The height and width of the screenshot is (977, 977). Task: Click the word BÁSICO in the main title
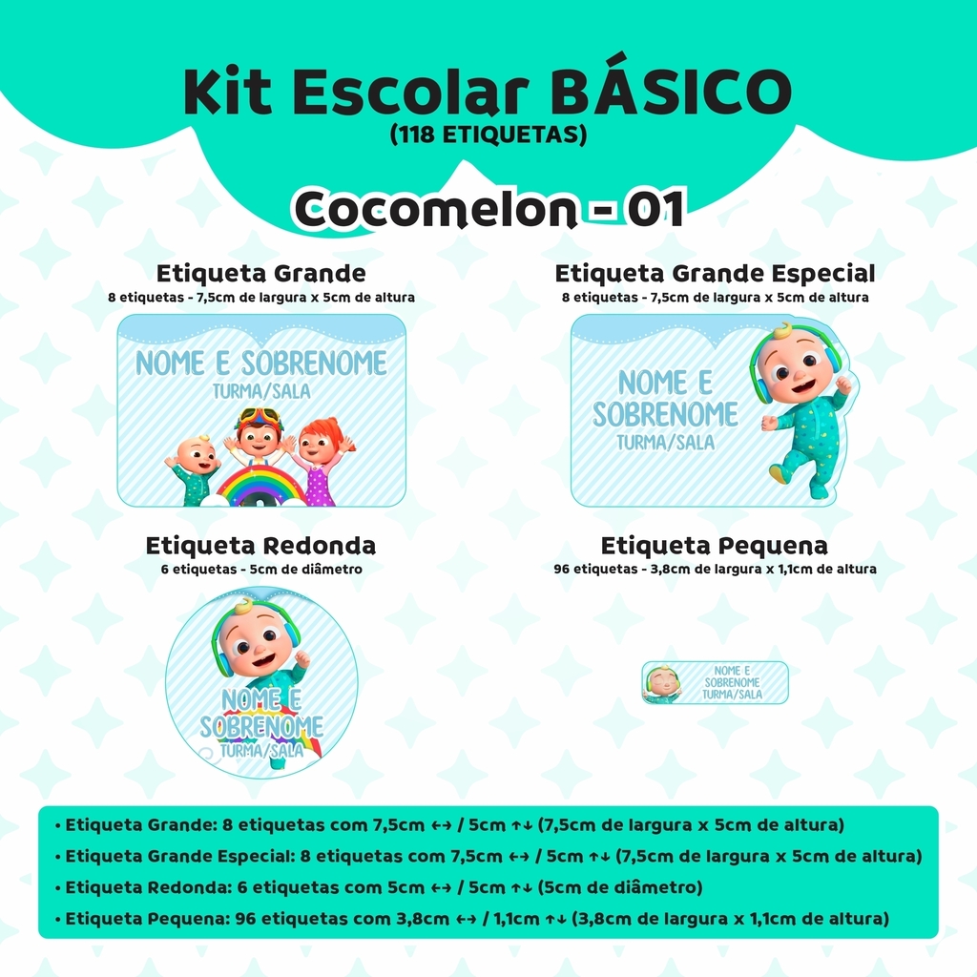click(x=671, y=91)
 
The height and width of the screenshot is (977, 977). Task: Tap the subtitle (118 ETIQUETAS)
click(x=488, y=134)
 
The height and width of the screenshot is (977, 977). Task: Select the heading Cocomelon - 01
click(x=489, y=208)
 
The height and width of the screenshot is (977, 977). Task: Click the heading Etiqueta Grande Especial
click(x=715, y=274)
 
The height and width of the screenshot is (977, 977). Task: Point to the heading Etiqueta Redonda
click(x=261, y=545)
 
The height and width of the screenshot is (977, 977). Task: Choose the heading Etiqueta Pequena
click(x=714, y=545)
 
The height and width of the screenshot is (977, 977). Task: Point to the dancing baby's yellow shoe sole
click(x=780, y=476)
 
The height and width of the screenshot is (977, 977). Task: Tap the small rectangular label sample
click(x=716, y=683)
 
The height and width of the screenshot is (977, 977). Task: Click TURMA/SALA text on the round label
click(x=261, y=750)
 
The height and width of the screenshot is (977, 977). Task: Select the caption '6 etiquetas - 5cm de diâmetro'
click(x=261, y=569)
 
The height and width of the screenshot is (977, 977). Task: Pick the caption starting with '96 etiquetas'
click(x=715, y=569)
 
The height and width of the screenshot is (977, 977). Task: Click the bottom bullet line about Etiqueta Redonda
click(x=379, y=887)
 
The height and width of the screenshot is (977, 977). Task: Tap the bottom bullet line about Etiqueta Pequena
click(x=471, y=919)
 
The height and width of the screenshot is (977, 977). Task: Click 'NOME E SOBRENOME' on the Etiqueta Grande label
click(x=261, y=364)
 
